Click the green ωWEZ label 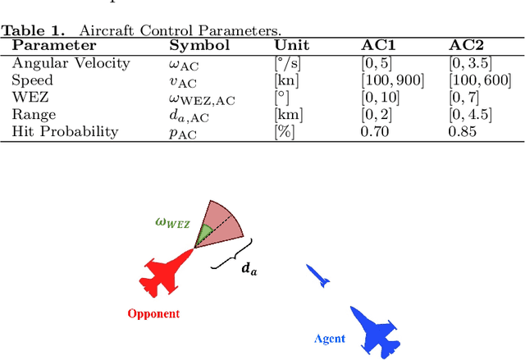click(x=173, y=222)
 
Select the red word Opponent click(x=153, y=313)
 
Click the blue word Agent click(x=330, y=339)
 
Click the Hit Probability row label click(x=65, y=131)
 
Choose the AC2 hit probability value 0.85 click(x=463, y=131)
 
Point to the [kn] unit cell click(x=284, y=80)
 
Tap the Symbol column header click(x=199, y=46)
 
